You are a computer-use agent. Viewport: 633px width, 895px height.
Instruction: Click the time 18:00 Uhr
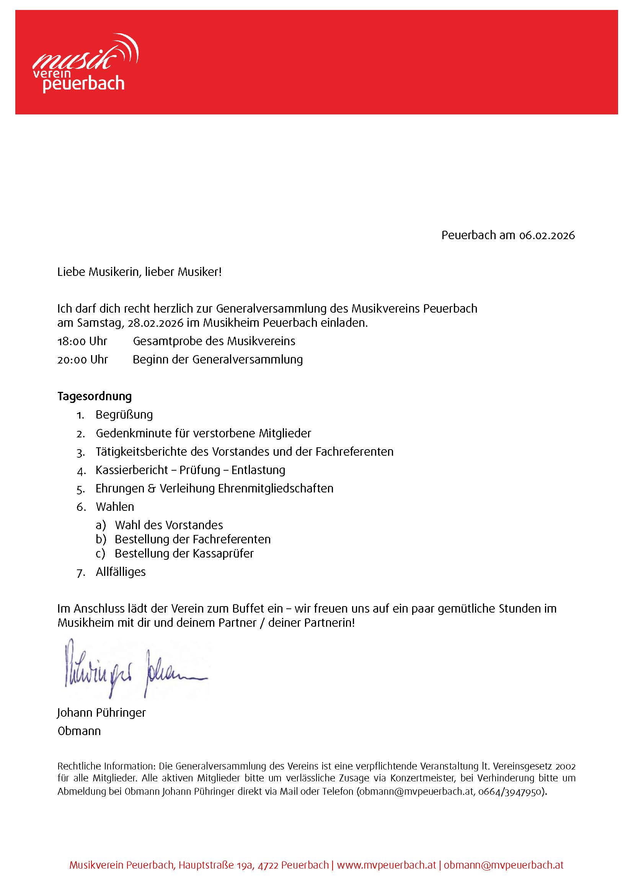(82, 341)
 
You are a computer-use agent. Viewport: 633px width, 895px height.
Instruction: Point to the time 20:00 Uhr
(83, 359)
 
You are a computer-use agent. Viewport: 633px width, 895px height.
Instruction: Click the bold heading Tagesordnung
(95, 396)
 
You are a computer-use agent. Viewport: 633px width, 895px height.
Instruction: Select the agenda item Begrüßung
(124, 414)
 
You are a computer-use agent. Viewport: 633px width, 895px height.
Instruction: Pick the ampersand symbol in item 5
(152, 488)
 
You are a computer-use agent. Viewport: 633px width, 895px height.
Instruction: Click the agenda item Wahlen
(114, 507)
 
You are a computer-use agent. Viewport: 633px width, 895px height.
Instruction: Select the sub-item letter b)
(101, 539)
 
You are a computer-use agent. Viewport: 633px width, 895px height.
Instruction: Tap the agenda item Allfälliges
(121, 572)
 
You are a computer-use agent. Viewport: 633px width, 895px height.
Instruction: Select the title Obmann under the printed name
(79, 731)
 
